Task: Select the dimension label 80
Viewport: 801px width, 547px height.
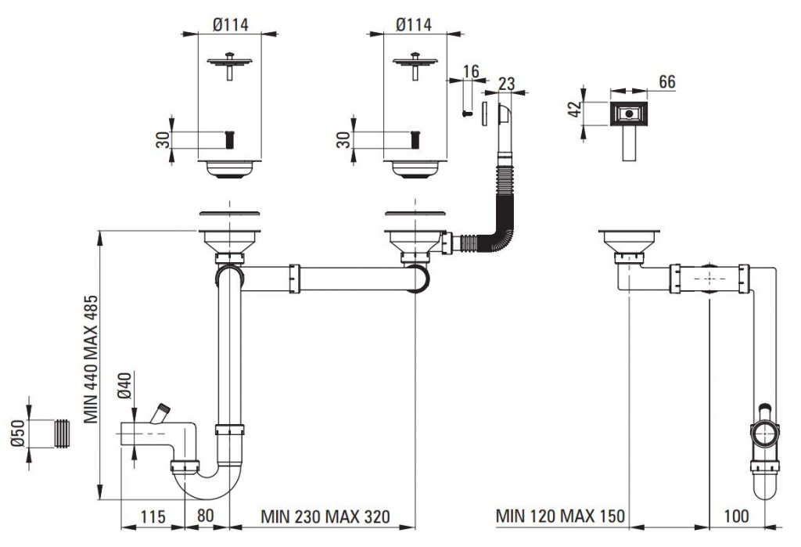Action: coord(206,516)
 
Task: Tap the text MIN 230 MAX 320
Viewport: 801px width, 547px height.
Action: coord(324,516)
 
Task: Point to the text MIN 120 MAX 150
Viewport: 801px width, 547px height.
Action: coord(561,516)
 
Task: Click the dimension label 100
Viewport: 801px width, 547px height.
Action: coord(736,516)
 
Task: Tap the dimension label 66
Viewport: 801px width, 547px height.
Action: coord(666,82)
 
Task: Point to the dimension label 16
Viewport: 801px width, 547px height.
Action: coord(470,72)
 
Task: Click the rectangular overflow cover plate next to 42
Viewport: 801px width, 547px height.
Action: coord(628,114)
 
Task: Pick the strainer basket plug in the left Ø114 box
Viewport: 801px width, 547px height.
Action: coord(229,64)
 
